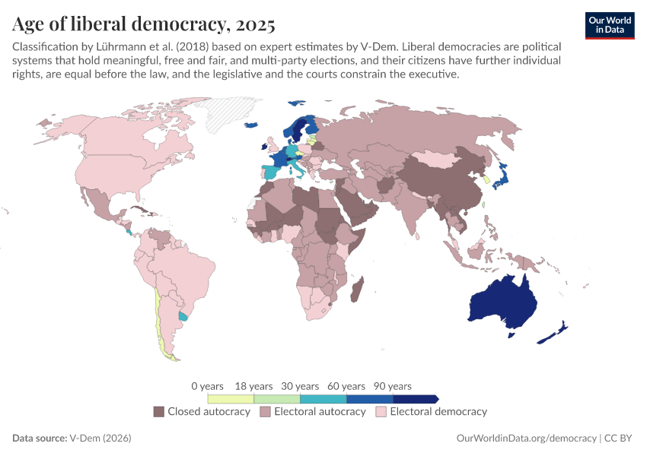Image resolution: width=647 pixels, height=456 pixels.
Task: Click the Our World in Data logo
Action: (x=609, y=25)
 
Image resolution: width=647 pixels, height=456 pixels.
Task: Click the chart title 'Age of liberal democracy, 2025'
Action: (x=143, y=24)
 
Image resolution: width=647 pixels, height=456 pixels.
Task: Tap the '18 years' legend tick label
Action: (x=254, y=386)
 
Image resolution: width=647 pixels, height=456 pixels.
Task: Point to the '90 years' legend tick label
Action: (x=393, y=386)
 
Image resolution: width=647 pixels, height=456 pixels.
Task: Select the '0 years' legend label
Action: (x=208, y=386)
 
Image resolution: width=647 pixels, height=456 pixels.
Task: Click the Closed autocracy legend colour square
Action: (x=159, y=412)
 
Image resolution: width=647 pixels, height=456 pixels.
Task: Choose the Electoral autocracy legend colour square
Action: (x=266, y=412)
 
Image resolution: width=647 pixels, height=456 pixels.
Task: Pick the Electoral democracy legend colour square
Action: (x=381, y=412)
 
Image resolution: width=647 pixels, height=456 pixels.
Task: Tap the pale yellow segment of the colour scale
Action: (x=231, y=399)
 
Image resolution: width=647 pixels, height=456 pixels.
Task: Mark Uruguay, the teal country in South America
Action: (x=183, y=315)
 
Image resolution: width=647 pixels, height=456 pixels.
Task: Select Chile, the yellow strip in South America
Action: (x=158, y=319)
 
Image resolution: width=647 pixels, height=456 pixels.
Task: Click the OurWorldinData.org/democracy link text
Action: (x=526, y=439)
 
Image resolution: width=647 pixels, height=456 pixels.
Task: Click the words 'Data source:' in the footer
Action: (x=39, y=439)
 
